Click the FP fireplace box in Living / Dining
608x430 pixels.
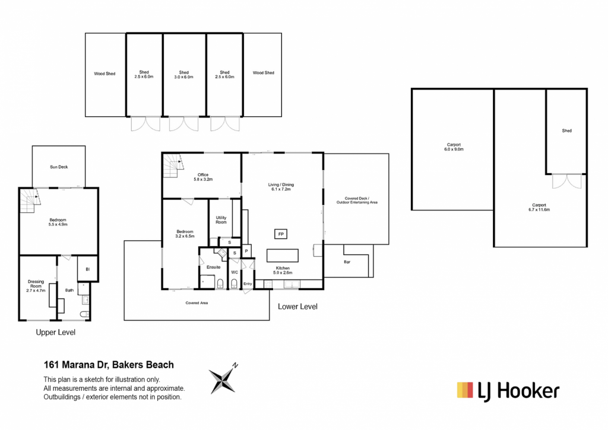point(280,234)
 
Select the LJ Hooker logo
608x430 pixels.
point(508,390)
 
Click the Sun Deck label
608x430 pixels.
point(58,167)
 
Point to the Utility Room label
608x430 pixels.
point(221,219)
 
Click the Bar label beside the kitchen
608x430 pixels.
point(347,262)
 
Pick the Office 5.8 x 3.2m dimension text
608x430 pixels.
point(203,177)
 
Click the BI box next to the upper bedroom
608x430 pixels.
point(87,269)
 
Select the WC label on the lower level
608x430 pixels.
point(235,272)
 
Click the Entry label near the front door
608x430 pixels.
point(248,284)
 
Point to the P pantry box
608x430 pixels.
point(246,251)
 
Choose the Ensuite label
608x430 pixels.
point(213,267)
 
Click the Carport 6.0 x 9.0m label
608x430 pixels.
point(454,147)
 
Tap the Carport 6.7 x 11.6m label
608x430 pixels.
point(539,207)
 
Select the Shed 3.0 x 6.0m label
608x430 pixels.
point(184,75)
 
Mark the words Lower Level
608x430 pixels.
point(297,307)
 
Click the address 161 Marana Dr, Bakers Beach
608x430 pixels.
point(109,365)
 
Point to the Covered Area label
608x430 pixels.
point(197,302)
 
